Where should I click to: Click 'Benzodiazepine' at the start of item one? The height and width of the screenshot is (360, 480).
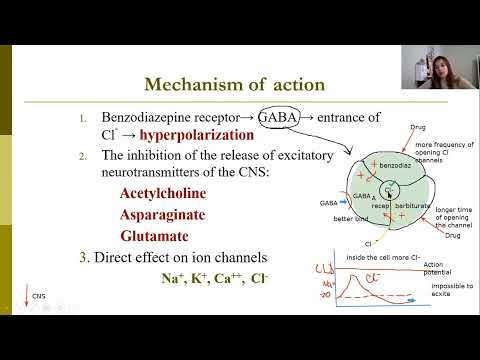149,117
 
